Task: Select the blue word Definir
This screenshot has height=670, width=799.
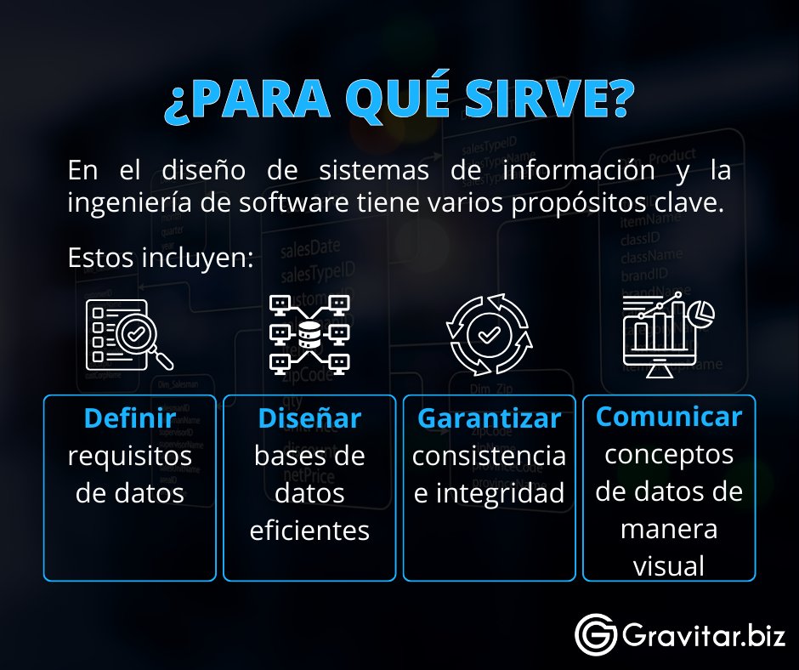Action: [x=130, y=418]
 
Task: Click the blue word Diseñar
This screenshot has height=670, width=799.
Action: [x=309, y=418]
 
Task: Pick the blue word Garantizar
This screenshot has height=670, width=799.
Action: [x=489, y=419]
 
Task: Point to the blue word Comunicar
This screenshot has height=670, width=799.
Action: [x=669, y=417]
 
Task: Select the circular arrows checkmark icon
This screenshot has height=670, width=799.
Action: [x=489, y=335]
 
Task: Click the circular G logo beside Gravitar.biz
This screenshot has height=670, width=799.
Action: [x=595, y=635]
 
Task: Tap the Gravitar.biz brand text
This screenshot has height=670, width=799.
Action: [x=703, y=635]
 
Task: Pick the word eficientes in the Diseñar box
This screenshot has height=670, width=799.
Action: [x=309, y=531]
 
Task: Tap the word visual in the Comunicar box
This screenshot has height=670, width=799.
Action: [x=669, y=565]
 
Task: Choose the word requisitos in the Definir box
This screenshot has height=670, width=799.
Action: [x=130, y=456]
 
